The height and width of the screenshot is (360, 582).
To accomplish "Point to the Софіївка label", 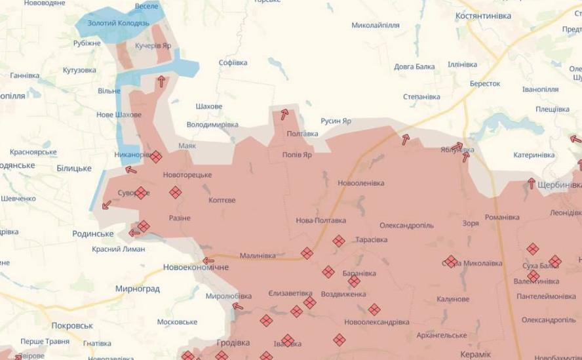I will [233, 63].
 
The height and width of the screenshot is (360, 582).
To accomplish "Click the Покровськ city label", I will [72, 325].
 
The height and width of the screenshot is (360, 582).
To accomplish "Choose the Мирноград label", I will [137, 289].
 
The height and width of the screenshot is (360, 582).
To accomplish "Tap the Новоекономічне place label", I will [196, 268].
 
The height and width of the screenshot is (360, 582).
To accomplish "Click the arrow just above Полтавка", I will [284, 115].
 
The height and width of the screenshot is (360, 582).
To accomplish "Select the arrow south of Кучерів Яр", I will [161, 81].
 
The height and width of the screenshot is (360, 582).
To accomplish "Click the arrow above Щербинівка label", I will [532, 184].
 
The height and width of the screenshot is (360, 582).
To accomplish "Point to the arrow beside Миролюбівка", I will [237, 306].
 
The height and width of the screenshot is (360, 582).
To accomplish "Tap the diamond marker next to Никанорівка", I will [155, 157].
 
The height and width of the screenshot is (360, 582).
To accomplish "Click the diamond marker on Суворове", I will [140, 193].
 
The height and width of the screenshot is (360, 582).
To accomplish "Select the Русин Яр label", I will [336, 121].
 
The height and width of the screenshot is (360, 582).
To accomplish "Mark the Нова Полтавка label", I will [321, 220].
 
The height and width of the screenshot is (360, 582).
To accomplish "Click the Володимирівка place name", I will [212, 124].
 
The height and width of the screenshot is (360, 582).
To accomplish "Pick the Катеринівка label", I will [533, 155].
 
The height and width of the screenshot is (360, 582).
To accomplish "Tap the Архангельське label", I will [442, 335].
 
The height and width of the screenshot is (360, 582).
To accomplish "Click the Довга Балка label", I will [414, 66].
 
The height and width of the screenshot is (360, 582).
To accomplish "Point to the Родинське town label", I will [92, 233].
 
